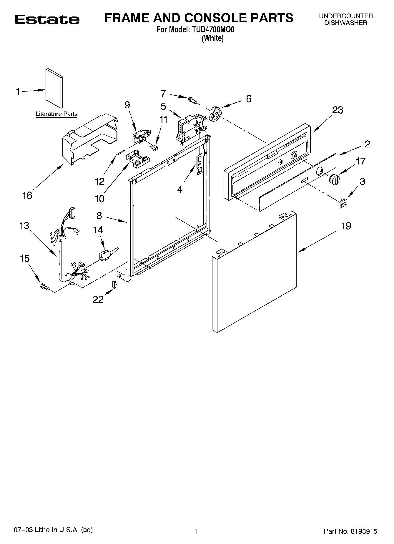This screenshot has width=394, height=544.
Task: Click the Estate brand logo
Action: point(47,19)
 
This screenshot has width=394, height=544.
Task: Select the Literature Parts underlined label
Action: point(56,114)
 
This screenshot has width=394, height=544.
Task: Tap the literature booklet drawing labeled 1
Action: point(54,89)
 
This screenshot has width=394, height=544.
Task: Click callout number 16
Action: point(27,195)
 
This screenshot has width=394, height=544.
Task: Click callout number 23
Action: point(338,110)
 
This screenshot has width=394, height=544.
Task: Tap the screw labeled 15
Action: point(44,286)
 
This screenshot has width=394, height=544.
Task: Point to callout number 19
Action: point(346,226)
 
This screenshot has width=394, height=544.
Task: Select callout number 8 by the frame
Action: point(99,216)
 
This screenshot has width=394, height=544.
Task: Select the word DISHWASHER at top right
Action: point(346,23)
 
